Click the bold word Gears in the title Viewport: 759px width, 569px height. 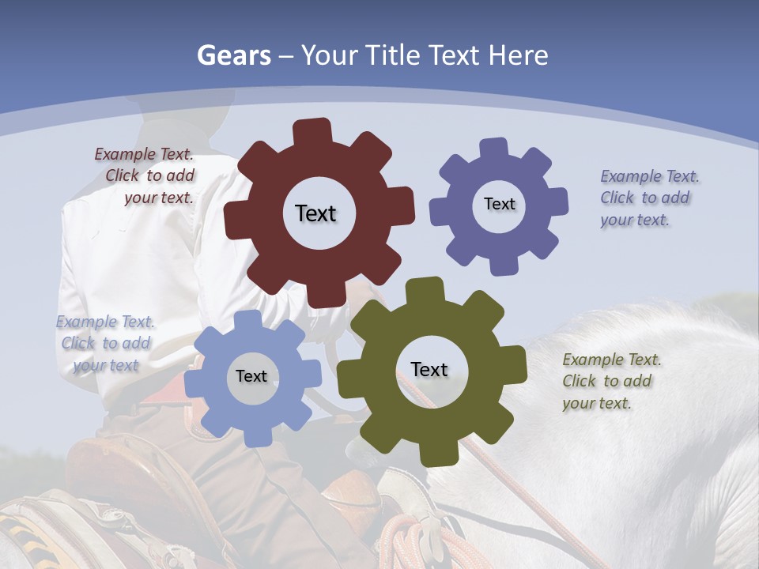point(233,55)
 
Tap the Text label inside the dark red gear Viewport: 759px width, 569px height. point(315,213)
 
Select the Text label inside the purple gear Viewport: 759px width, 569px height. point(499,204)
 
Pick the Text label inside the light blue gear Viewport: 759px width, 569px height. point(251,376)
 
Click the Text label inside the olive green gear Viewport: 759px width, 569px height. point(429,369)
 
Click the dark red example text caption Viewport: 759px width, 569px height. point(146,176)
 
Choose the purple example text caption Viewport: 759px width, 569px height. point(648,198)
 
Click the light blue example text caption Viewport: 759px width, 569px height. point(105,343)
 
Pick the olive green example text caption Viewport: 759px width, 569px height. point(610,381)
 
